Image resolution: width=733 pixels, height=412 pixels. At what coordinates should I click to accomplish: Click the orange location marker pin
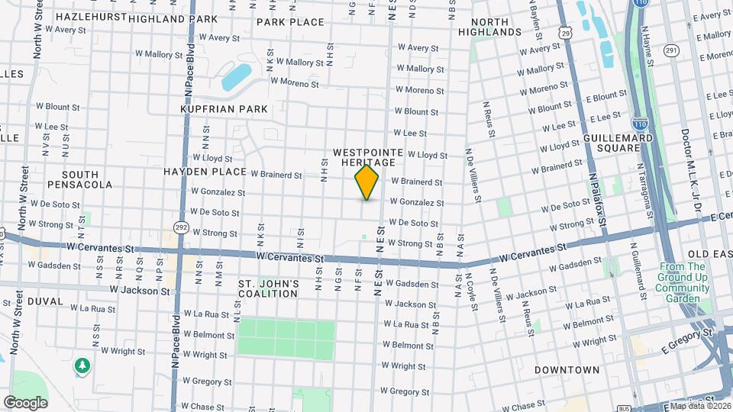pos(366,182)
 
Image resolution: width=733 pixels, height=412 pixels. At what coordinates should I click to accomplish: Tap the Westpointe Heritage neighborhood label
pos(363,158)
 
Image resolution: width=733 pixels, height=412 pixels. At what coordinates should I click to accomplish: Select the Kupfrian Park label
pos(224,109)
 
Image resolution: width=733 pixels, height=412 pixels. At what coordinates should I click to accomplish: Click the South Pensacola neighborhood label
pos(79,179)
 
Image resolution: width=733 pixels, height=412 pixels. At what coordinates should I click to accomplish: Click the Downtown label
pos(567,370)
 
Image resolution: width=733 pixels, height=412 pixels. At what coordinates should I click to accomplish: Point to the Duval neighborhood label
pos(45,301)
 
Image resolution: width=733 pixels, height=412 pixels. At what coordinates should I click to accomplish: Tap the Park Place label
pos(290,22)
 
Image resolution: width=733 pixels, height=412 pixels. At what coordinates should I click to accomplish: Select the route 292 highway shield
pos(181,227)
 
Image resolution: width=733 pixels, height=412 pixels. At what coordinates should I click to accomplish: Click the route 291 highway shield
pos(671,50)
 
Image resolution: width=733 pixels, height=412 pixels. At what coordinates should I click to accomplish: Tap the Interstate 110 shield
pos(640,123)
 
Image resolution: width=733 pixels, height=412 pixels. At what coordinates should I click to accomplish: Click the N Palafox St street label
pos(596,198)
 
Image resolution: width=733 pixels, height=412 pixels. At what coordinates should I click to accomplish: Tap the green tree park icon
pos(82,366)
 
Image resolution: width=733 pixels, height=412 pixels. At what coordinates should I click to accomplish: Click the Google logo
pos(25,402)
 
